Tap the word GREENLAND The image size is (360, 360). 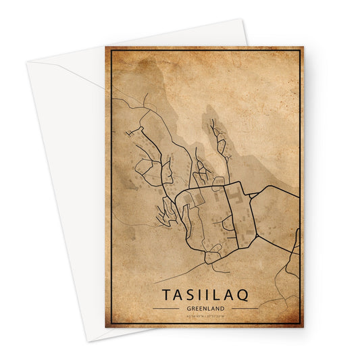205,307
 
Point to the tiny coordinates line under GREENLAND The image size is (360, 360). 205,315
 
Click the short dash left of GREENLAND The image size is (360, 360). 166,308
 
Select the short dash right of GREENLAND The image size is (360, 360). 245,308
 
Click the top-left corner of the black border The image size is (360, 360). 110,51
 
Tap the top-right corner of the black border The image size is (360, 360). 299,51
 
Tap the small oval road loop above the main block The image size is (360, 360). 218,180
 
